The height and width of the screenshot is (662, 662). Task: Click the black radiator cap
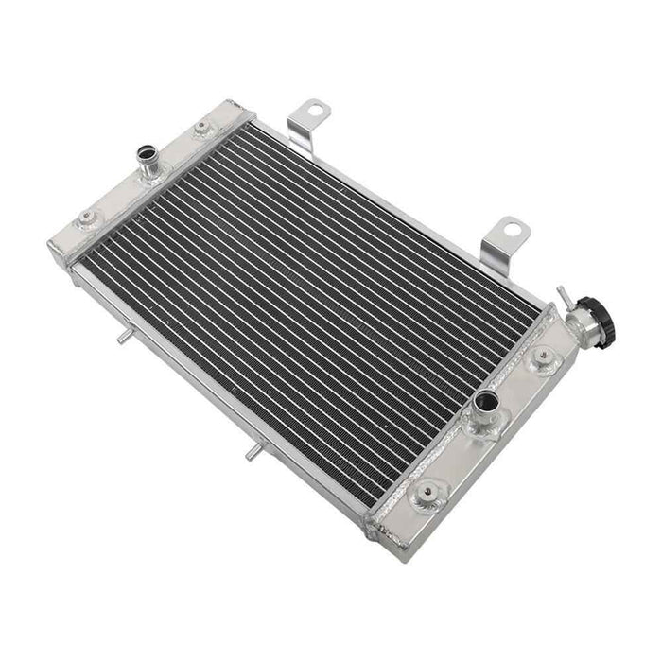595,311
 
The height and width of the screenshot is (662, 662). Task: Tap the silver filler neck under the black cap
582,326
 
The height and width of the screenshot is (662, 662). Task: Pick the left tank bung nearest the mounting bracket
201,129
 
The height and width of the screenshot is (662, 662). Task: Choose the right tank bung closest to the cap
543,357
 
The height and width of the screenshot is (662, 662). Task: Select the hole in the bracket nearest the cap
512,229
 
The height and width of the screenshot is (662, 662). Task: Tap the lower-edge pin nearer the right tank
251,455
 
